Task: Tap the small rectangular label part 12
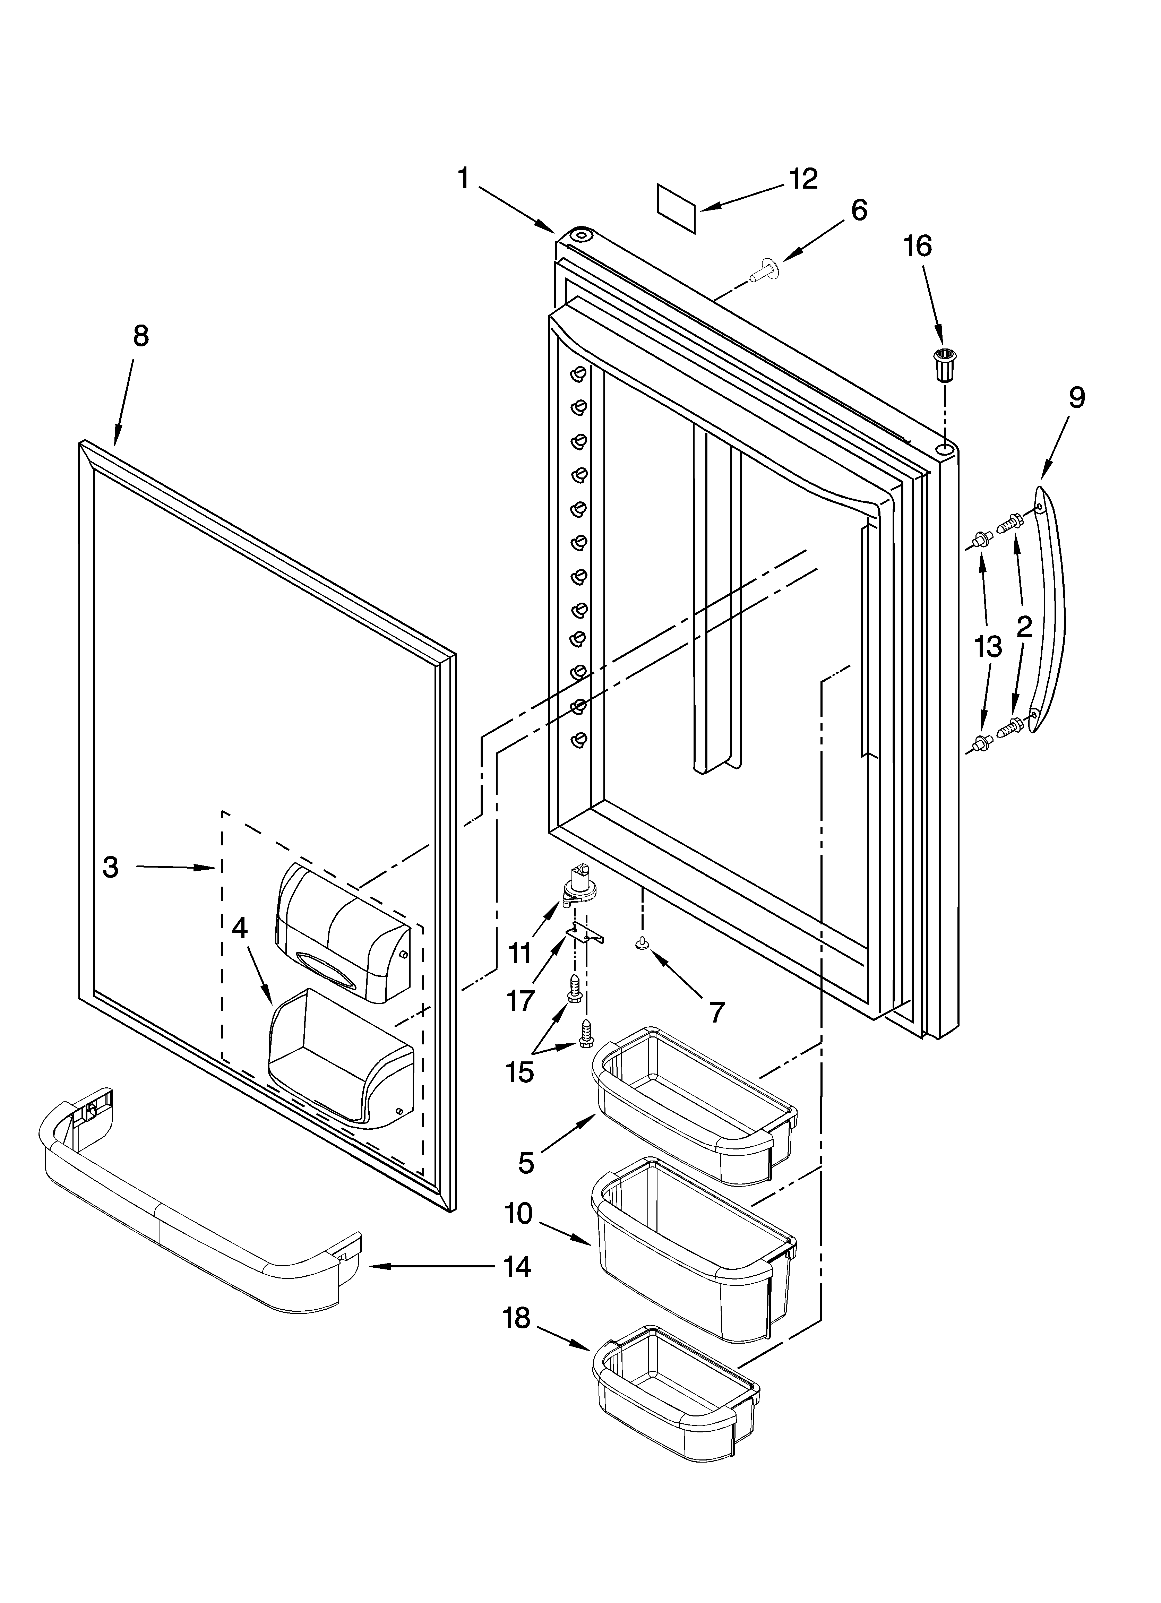tap(677, 208)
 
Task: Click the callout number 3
tap(110, 867)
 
